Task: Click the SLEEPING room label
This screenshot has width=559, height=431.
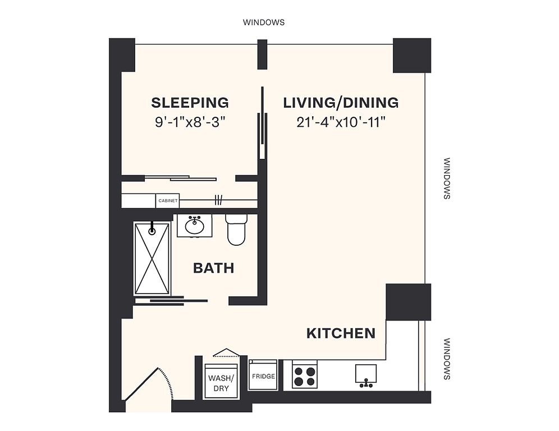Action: pyautogui.click(x=190, y=103)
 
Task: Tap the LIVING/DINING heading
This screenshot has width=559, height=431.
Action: pyautogui.click(x=341, y=103)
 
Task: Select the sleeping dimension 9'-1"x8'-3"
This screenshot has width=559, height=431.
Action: pyautogui.click(x=191, y=123)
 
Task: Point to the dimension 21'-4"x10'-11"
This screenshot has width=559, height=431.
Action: pyautogui.click(x=341, y=123)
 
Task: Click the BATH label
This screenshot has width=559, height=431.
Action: pyautogui.click(x=213, y=268)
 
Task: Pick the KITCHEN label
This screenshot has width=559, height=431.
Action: pyautogui.click(x=341, y=333)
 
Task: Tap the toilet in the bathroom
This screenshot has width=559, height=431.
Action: pyautogui.click(x=236, y=229)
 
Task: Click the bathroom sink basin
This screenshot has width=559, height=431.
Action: pyautogui.click(x=194, y=225)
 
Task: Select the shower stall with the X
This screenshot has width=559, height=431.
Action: pyautogui.click(x=152, y=258)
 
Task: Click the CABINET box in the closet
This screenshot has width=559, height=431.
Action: pyautogui.click(x=168, y=201)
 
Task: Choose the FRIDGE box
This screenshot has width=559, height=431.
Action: pyautogui.click(x=263, y=375)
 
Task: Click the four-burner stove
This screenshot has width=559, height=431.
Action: pyautogui.click(x=305, y=374)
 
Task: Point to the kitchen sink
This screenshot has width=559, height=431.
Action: pyautogui.click(x=366, y=376)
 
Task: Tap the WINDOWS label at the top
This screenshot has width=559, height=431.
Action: pyautogui.click(x=264, y=22)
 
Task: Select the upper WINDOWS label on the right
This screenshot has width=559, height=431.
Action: pyautogui.click(x=447, y=178)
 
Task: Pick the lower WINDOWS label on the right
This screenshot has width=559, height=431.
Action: pyautogui.click(x=447, y=359)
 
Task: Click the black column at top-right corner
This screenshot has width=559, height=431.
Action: pyautogui.click(x=412, y=55)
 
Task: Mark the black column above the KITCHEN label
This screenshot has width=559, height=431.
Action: pyautogui.click(x=409, y=302)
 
